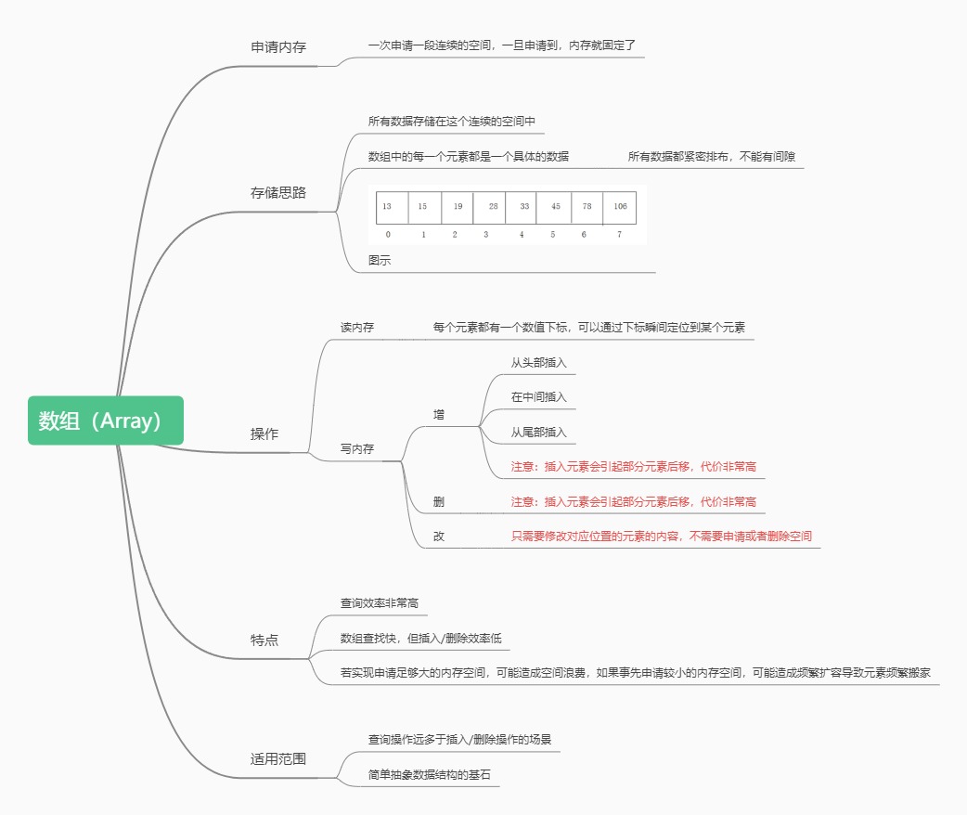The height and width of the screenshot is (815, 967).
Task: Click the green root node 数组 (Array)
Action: [x=106, y=420]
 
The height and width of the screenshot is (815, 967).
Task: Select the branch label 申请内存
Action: [x=278, y=46]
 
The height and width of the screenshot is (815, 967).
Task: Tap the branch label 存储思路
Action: [x=278, y=193]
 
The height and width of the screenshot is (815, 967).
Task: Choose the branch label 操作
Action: [x=264, y=433]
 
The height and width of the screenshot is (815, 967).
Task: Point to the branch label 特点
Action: [x=264, y=640]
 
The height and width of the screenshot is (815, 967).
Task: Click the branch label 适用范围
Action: [x=278, y=758]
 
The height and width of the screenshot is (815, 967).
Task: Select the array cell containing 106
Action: [x=620, y=206]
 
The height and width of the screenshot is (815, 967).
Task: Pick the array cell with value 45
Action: [x=555, y=206]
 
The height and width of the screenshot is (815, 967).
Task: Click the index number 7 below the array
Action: [x=619, y=235]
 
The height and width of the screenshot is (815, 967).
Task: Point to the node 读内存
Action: [x=357, y=328]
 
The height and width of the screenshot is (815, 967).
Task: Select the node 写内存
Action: [x=357, y=448]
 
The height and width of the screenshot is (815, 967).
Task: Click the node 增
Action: [x=439, y=414]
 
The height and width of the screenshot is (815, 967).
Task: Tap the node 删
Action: [x=439, y=502]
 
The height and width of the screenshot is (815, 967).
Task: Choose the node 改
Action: [x=439, y=537]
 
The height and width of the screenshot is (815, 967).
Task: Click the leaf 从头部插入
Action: [x=538, y=362]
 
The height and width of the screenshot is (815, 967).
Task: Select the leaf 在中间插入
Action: [x=538, y=397]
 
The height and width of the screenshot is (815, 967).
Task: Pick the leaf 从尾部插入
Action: [x=538, y=433]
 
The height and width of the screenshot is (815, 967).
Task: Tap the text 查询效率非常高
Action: [x=380, y=603]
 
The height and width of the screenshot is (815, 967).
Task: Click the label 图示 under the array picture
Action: [x=380, y=261]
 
